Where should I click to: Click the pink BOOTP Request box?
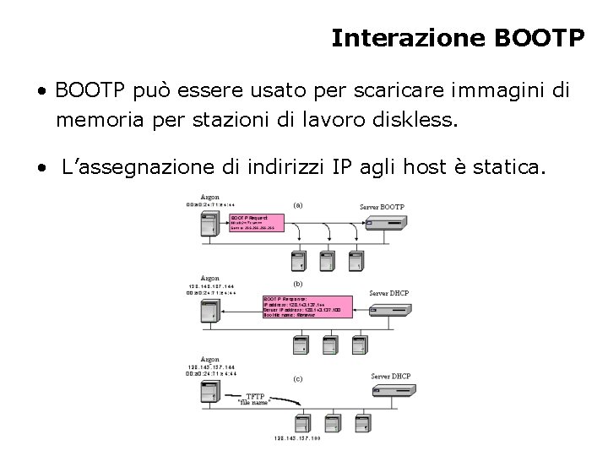(258, 222)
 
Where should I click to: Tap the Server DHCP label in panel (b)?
(388, 292)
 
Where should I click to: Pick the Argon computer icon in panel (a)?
(208, 226)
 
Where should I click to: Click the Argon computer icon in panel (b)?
(209, 312)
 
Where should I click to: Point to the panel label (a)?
(298, 204)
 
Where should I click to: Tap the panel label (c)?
(298, 379)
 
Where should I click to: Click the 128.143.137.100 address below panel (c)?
(298, 437)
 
